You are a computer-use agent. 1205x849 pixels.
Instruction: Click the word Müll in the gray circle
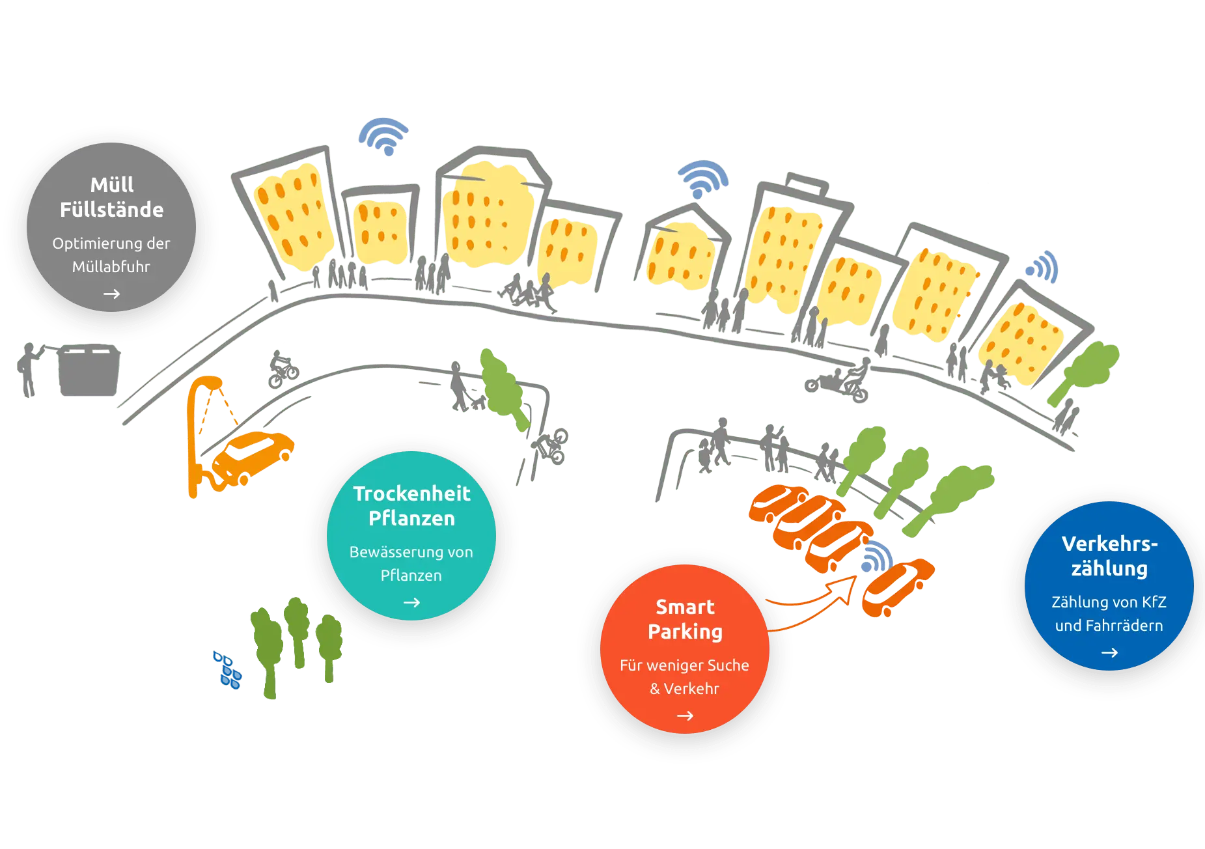[x=112, y=185]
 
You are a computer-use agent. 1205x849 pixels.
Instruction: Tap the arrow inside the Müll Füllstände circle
[x=111, y=294]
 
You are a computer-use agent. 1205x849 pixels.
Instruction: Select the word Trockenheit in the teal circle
[x=411, y=494]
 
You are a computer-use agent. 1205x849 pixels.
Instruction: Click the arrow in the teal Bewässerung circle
[x=411, y=603]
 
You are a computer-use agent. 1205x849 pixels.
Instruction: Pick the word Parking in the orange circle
[x=685, y=632]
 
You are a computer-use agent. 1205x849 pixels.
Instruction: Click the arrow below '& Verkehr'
[x=685, y=716]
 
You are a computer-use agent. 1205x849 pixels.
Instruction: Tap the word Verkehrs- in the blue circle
[x=1109, y=544]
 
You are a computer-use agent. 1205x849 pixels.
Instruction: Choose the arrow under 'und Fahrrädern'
[x=1109, y=652]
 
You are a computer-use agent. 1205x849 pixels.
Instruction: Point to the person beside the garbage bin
[x=28, y=369]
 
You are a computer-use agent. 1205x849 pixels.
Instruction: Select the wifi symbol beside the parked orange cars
[x=877, y=557]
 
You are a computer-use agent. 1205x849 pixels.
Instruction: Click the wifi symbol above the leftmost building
[x=383, y=135]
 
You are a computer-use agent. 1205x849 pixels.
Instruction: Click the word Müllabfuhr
[x=111, y=267]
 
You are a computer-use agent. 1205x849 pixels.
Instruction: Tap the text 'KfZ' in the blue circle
[x=1154, y=602]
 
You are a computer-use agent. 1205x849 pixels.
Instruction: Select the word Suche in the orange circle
[x=728, y=665]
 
